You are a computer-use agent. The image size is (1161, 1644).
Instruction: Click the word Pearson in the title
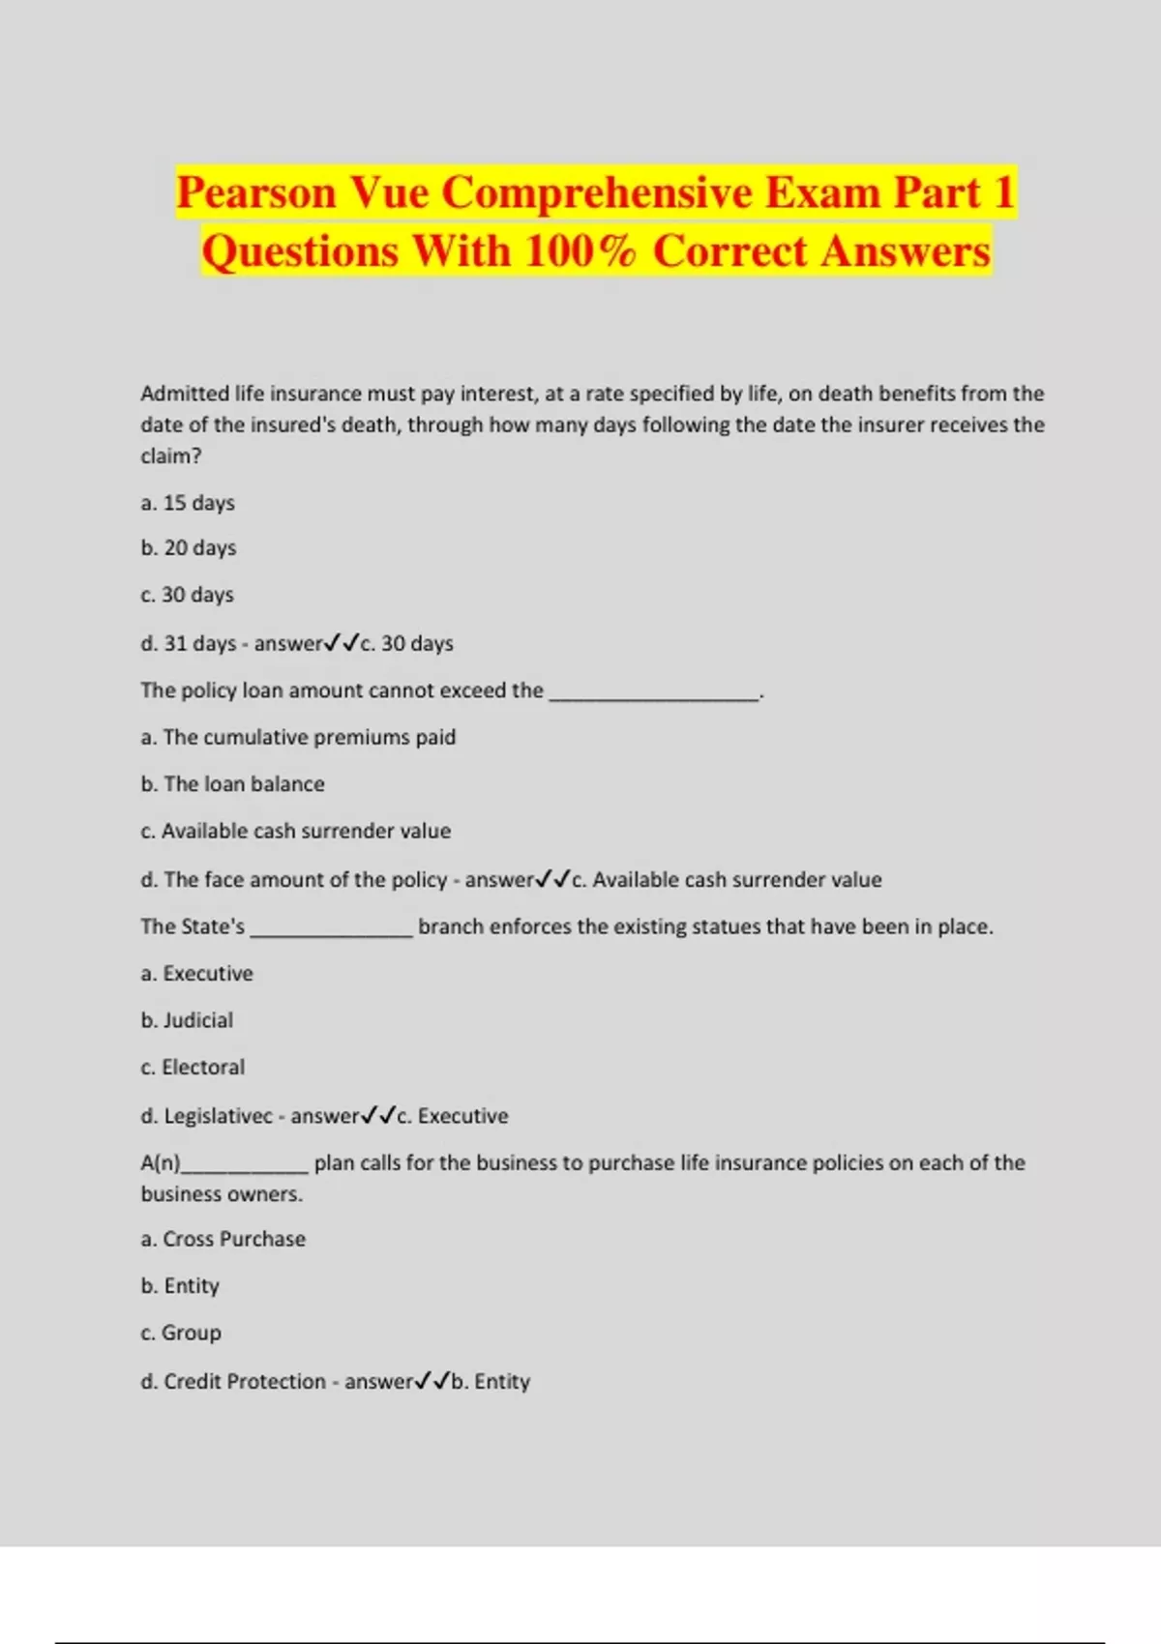tap(255, 193)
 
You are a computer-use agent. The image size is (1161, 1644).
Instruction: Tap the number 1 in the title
tap(1003, 191)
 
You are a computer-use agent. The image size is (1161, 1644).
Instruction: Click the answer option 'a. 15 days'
tap(188, 503)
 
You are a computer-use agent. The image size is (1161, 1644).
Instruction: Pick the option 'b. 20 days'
tap(189, 548)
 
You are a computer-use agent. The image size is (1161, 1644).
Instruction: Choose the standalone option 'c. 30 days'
tap(188, 595)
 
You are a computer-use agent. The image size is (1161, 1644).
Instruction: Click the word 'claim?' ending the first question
tap(170, 455)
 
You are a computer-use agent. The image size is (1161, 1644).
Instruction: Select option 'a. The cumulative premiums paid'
tap(298, 737)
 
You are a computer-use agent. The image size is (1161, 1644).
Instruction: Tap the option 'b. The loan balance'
tap(232, 784)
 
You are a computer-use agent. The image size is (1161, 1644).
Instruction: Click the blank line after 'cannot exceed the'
tap(655, 693)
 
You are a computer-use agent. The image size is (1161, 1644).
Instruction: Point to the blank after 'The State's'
tap(332, 929)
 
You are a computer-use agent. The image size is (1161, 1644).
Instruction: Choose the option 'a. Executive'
tap(196, 974)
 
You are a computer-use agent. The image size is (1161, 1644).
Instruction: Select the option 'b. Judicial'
tap(187, 1020)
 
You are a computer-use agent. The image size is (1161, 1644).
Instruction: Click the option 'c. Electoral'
tap(193, 1068)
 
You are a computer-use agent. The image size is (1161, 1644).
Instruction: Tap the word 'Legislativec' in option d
tap(218, 1116)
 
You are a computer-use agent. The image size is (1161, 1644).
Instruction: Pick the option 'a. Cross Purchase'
tap(223, 1239)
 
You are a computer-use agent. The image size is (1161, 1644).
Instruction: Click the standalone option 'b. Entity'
tap(180, 1286)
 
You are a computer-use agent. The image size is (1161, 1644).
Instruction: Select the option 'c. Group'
tap(181, 1333)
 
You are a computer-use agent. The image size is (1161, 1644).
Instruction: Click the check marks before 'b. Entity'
tap(432, 1382)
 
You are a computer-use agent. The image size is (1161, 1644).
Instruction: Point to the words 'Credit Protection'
tap(244, 1382)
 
